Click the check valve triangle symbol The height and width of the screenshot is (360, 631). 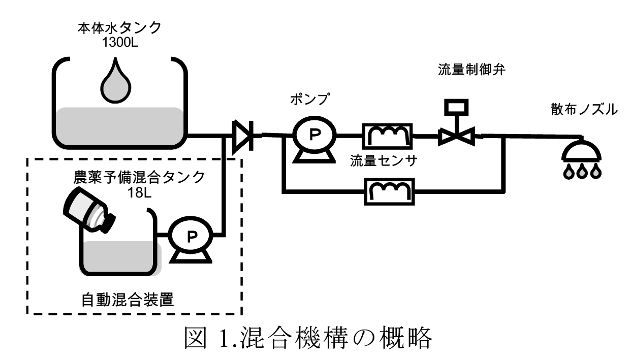pos(242,136)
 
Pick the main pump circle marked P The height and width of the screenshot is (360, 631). pos(314,135)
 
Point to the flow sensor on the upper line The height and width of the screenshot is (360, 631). pos(387,135)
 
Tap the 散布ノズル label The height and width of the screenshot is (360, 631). pos(584,109)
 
